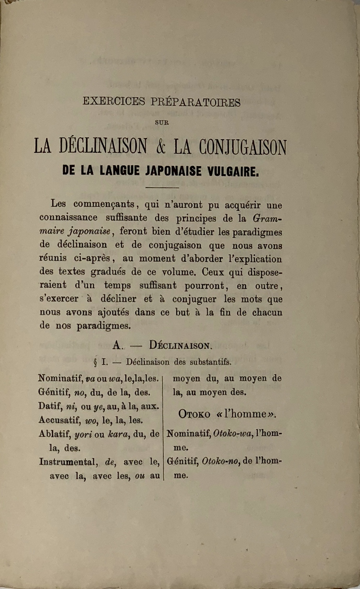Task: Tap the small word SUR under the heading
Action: pyautogui.click(x=162, y=122)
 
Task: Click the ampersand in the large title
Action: pyautogui.click(x=160, y=147)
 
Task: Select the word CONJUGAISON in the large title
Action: pyautogui.click(x=243, y=147)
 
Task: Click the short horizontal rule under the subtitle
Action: pyautogui.click(x=162, y=187)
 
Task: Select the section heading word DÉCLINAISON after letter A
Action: pyautogui.click(x=181, y=346)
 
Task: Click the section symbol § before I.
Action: pyautogui.click(x=95, y=362)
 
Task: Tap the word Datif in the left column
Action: pyautogui.click(x=50, y=406)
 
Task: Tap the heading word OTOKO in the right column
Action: pyautogui.click(x=194, y=414)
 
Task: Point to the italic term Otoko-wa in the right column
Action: pyautogui.click(x=232, y=434)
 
